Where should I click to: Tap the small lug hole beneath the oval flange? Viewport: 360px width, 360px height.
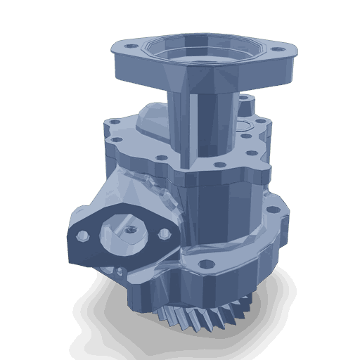click(x=122, y=271)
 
